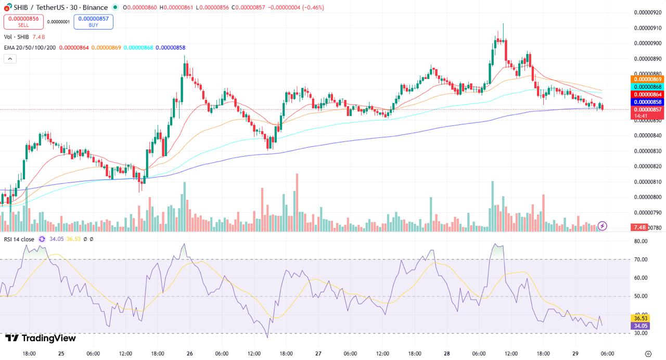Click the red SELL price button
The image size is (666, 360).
tap(20, 21)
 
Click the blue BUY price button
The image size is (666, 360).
tap(93, 21)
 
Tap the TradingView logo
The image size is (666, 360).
tap(41, 338)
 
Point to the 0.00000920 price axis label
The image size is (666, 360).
tap(647, 12)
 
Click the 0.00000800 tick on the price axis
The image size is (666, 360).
tap(647, 197)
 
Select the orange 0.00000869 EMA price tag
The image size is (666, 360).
tap(647, 79)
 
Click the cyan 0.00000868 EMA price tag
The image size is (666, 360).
tap(647, 87)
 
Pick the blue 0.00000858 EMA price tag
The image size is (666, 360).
tap(647, 102)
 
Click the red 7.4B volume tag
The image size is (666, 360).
tap(639, 227)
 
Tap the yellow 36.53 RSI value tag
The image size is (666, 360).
tap(639, 318)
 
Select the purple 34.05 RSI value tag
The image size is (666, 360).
tap(639, 326)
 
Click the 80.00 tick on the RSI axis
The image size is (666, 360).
tap(641, 241)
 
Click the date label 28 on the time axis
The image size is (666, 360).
tap(447, 354)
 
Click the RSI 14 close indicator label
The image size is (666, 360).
tap(19, 239)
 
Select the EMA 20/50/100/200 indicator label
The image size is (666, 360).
tap(30, 47)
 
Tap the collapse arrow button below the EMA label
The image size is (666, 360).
tap(10, 59)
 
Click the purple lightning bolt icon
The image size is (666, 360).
tap(603, 226)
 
